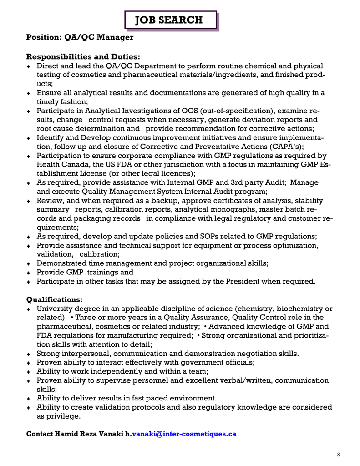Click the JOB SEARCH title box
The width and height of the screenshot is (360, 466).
(171, 20)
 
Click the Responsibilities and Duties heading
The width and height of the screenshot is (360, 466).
(83, 57)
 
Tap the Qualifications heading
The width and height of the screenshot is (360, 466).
(55, 299)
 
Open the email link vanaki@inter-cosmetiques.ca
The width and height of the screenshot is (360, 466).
(184, 434)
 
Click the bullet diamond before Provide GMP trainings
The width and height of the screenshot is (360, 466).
(28, 273)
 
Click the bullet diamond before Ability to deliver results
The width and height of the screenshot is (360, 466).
(28, 398)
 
